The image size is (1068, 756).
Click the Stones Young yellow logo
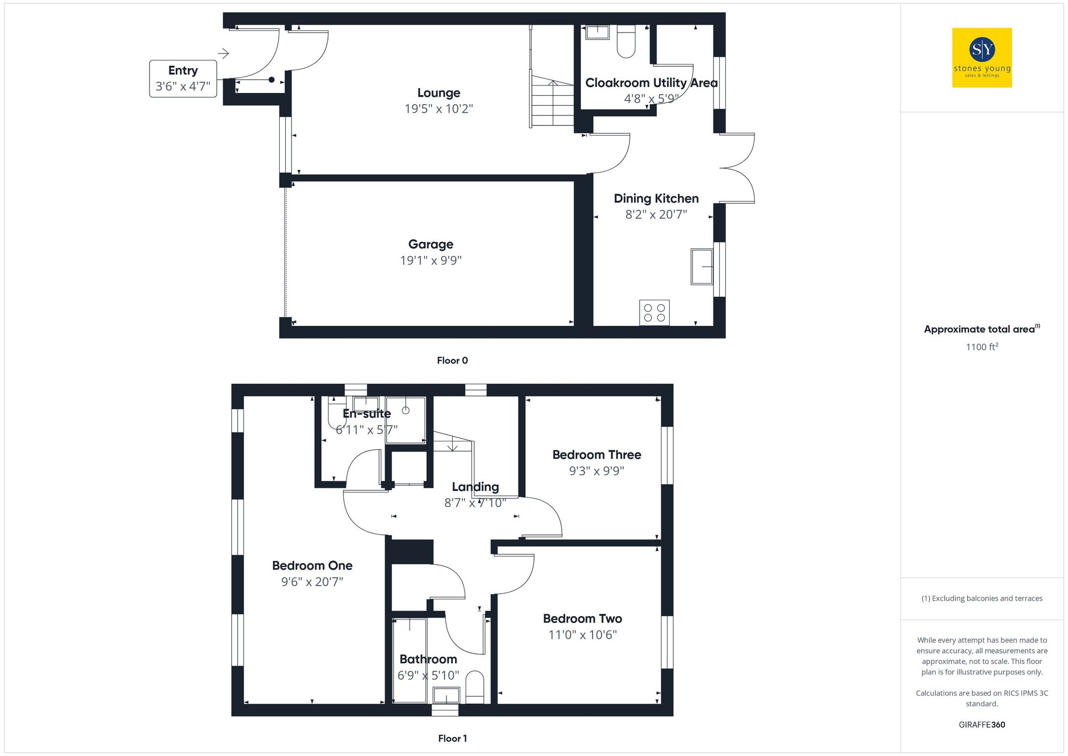[x=981, y=58]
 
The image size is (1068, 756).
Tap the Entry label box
[x=183, y=79]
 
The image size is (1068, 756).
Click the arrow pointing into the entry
[x=223, y=53]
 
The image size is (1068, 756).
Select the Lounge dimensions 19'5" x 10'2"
[x=438, y=109]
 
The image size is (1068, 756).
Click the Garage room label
[x=430, y=244]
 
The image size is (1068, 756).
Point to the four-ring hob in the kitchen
[x=654, y=313]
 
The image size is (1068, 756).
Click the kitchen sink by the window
[x=702, y=266]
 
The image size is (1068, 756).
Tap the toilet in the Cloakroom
[x=626, y=42]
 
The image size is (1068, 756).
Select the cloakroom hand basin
[x=598, y=32]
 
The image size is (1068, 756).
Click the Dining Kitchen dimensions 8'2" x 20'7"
[x=656, y=215]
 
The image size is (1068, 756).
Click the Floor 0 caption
[x=452, y=361]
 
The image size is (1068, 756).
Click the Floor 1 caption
[x=452, y=738]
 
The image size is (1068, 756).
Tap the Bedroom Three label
[x=596, y=455]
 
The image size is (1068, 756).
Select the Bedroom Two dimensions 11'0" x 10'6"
[x=582, y=635]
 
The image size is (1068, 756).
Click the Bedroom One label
[x=312, y=565]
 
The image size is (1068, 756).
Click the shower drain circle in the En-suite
[x=405, y=410]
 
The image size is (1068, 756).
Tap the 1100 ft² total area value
[x=981, y=347]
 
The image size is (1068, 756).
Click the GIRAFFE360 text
[x=981, y=724]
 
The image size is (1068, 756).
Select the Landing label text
[x=475, y=487]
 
